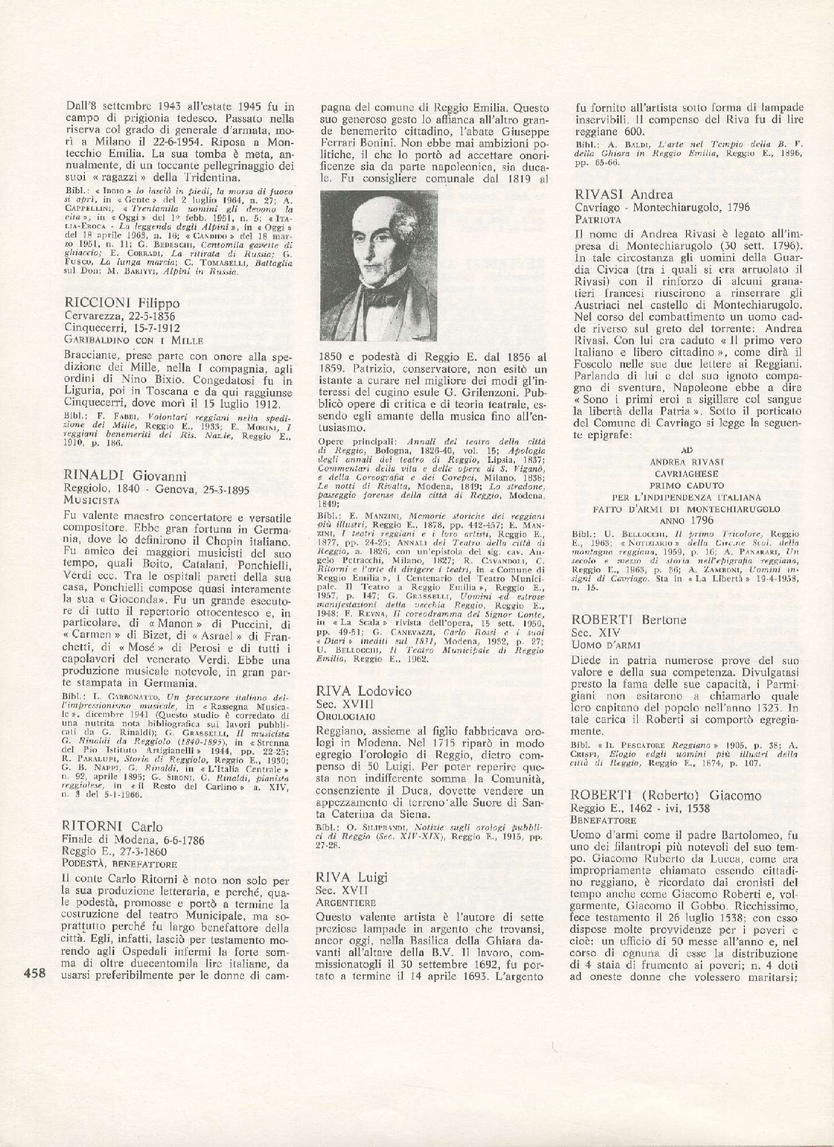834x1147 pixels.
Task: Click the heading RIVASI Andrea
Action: (624, 196)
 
